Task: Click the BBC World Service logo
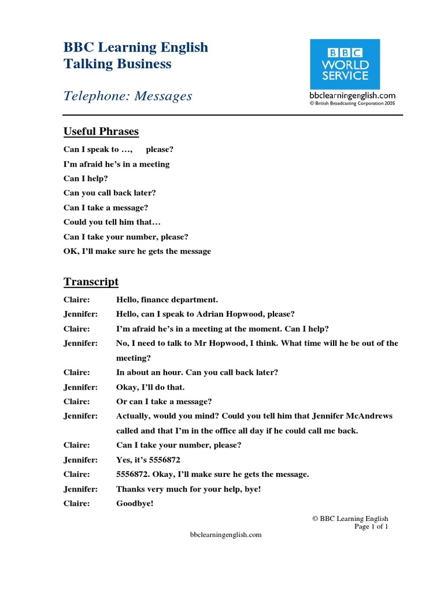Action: (x=345, y=64)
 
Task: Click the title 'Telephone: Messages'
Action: (x=128, y=96)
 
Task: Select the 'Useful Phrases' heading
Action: (x=101, y=132)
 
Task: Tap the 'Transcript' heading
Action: (x=91, y=282)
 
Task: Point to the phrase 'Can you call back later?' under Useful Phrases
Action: (x=110, y=193)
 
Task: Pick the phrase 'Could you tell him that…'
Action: (x=112, y=222)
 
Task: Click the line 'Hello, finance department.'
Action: (x=167, y=299)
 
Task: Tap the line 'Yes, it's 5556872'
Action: (x=149, y=460)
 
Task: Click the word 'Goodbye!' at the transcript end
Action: (x=135, y=504)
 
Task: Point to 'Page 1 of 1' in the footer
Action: (x=371, y=527)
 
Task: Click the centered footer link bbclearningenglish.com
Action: (x=226, y=535)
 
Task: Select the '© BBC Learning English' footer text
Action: (x=350, y=519)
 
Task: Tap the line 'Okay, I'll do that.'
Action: (x=150, y=387)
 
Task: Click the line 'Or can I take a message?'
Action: (x=164, y=401)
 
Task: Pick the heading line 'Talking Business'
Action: (x=117, y=64)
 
